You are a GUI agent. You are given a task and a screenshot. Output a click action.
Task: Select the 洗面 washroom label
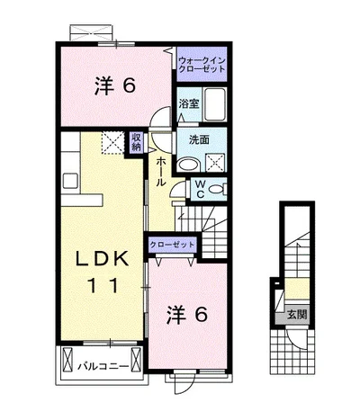tap(199, 139)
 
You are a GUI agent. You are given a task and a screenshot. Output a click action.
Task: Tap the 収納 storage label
tap(137, 141)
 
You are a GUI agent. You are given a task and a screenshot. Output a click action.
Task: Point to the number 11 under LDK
tap(101, 285)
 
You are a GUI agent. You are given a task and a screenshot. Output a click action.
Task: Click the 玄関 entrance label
tap(296, 315)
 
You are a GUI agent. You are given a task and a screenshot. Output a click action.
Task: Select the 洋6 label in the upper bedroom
tap(114, 86)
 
